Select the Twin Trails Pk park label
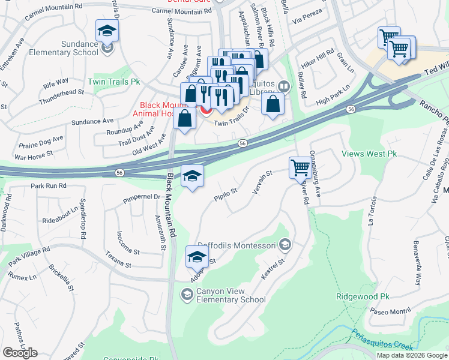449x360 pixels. tap(113, 81)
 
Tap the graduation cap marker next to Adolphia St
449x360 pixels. tap(197, 257)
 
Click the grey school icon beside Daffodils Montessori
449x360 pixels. tap(285, 244)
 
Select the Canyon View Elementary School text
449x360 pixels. tap(229, 295)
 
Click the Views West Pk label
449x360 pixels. tap(369, 154)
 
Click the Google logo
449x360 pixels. tap(20, 353)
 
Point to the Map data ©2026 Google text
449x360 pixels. tap(412, 355)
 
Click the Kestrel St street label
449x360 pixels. tap(272, 270)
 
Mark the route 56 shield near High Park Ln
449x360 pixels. tap(351, 109)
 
